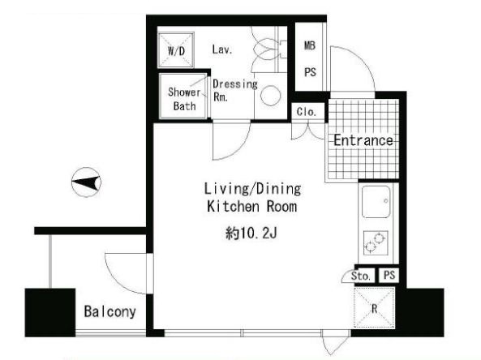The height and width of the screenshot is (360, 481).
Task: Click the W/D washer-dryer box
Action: click(x=176, y=50)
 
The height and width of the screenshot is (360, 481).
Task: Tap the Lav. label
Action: click(x=222, y=49)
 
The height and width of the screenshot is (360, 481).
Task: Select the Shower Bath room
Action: click(x=183, y=96)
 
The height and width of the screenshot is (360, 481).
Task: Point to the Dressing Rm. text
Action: click(x=235, y=91)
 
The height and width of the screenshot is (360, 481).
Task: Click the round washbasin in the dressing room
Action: click(x=271, y=95)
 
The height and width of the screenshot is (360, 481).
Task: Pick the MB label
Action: click(x=310, y=45)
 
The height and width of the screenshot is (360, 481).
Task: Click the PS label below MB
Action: click(x=310, y=72)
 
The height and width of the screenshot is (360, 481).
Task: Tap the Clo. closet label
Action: click(x=307, y=112)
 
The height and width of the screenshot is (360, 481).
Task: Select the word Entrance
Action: click(x=363, y=140)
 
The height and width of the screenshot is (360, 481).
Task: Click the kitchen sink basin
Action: click(x=376, y=201)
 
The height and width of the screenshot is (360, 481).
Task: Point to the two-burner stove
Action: click(x=376, y=243)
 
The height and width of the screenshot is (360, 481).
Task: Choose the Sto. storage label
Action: click(x=361, y=276)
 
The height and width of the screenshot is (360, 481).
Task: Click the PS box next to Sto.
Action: click(x=389, y=275)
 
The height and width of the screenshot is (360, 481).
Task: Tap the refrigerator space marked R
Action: click(x=374, y=307)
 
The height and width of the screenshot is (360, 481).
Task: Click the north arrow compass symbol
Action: click(x=86, y=182)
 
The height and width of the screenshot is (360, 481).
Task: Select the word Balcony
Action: click(x=110, y=312)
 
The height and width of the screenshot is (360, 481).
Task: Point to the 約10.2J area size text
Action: click(x=251, y=234)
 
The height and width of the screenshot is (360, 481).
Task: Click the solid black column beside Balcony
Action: click(x=50, y=312)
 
